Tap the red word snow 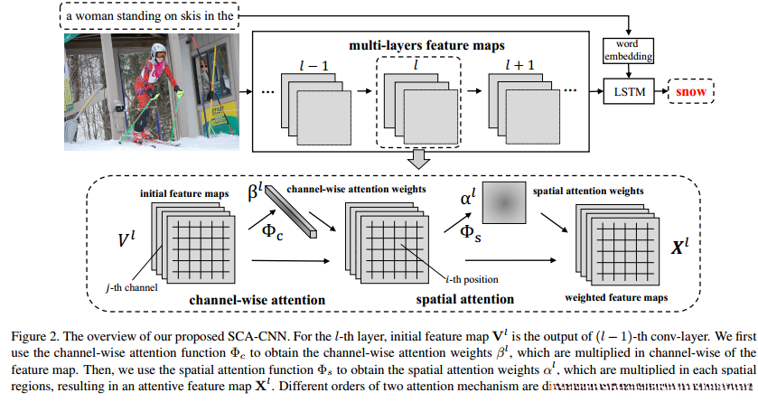pos(691,91)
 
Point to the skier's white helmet pos(159,51)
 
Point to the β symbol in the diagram pos(254,192)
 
